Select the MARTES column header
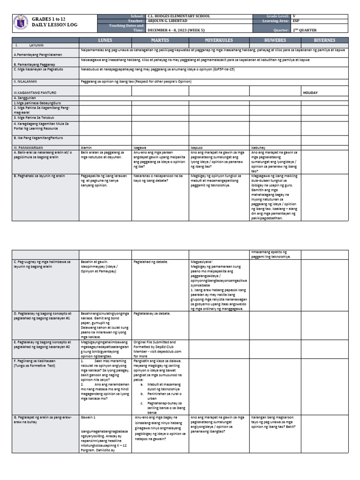[x=160, y=40]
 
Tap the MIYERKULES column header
[x=219, y=40]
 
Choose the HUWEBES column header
[x=275, y=40]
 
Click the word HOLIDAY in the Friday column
[x=310, y=93]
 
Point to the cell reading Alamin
[x=87, y=147]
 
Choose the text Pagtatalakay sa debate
[x=152, y=313]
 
